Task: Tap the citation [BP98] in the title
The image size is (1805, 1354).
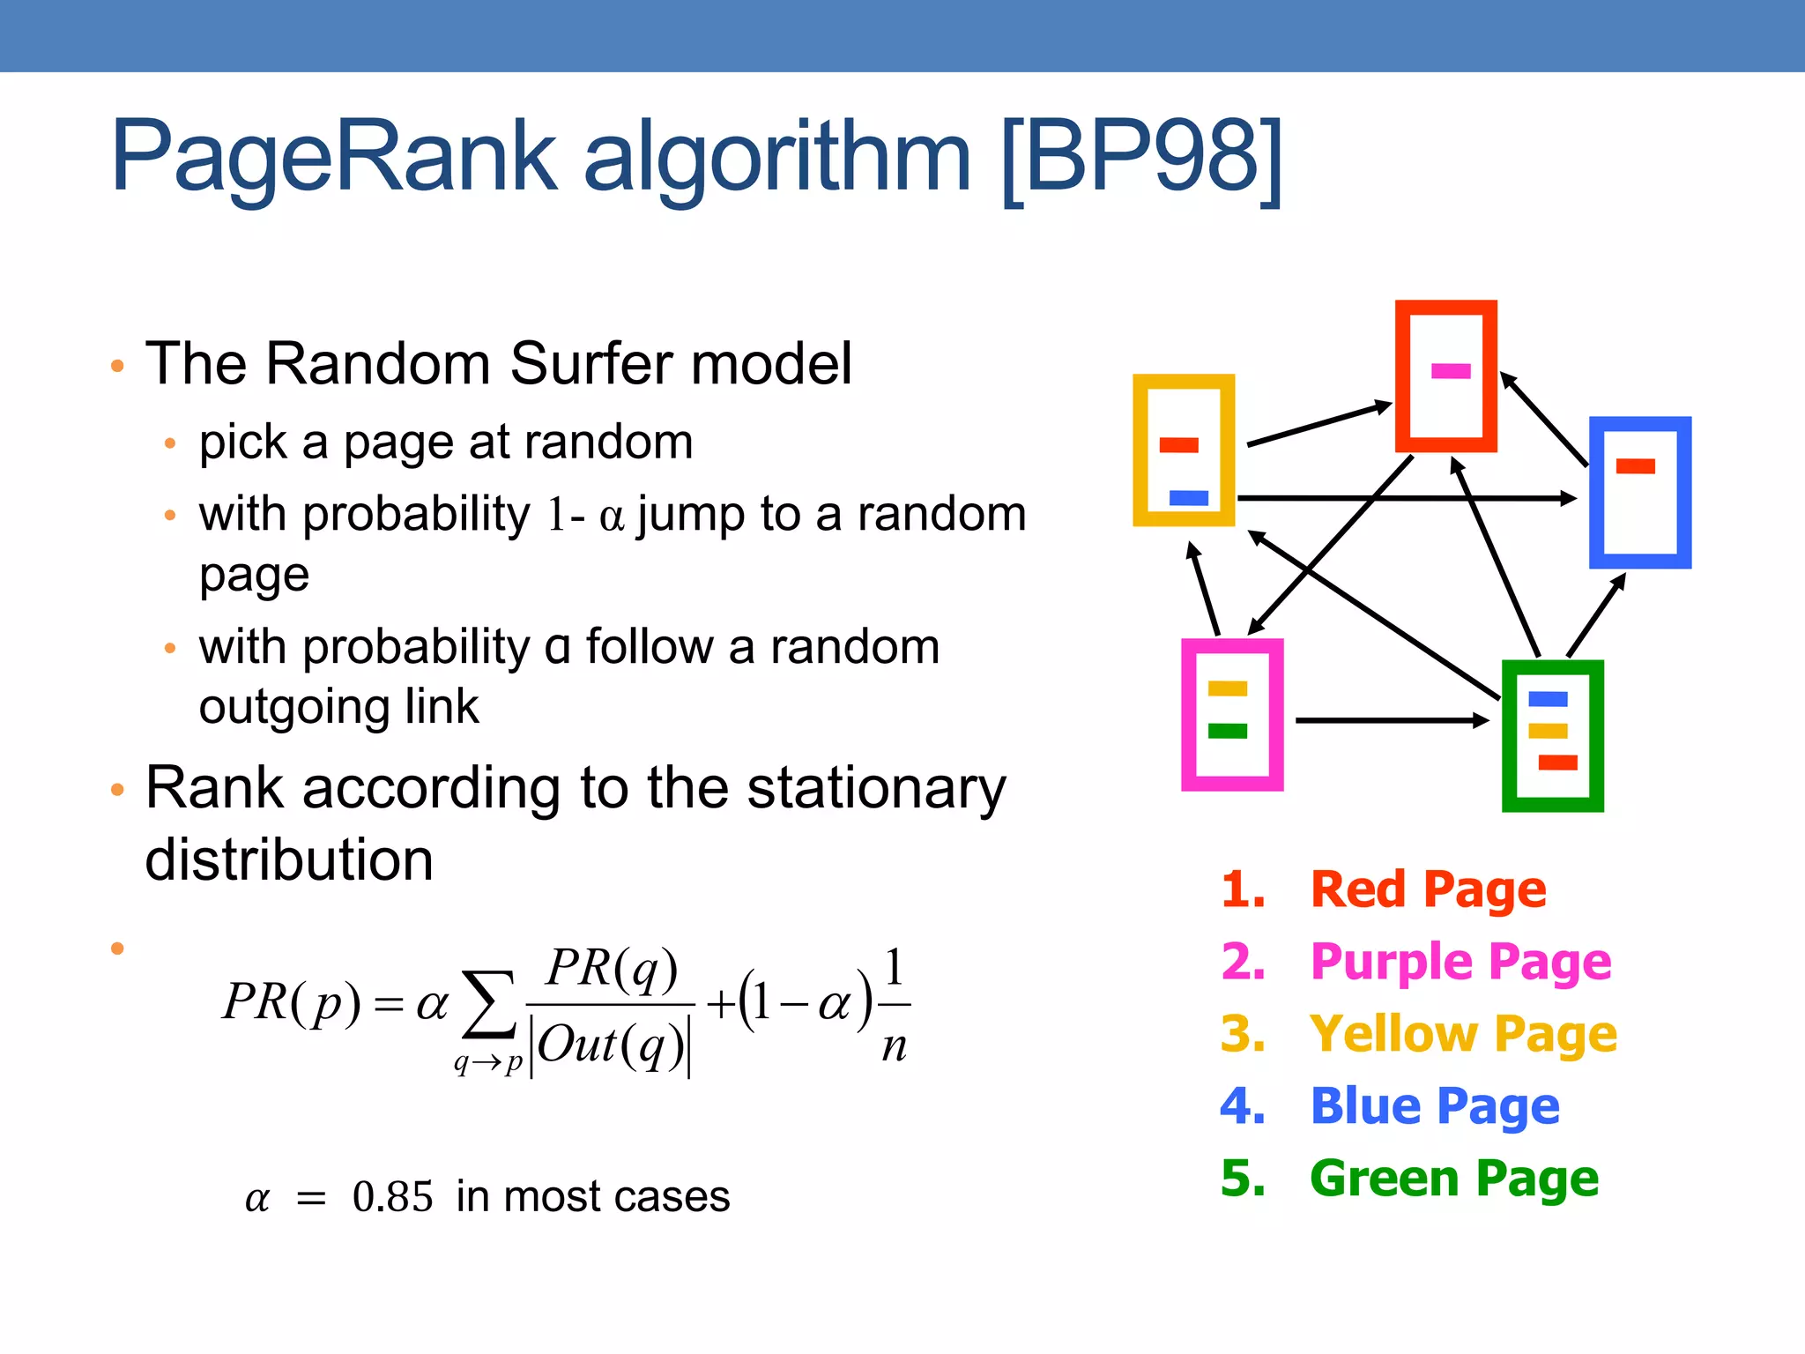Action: (1142, 159)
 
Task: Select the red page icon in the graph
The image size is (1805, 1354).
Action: (1445, 376)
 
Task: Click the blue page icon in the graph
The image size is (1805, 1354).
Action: (1639, 494)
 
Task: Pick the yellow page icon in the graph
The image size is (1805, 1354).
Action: (1184, 450)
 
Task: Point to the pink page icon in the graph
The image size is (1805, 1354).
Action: (1231, 715)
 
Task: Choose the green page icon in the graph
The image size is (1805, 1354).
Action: (1552, 736)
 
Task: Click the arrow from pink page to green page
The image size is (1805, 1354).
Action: (1393, 720)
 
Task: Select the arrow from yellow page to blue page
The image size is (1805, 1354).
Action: (1406, 498)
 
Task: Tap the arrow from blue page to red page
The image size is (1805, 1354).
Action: (1545, 420)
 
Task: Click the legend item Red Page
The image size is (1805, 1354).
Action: (1428, 889)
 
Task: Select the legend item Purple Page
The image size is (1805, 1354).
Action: (1460, 962)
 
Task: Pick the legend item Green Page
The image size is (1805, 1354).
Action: (1453, 1179)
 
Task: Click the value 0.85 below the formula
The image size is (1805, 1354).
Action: (392, 1197)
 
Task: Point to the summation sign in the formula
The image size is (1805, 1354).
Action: (489, 1005)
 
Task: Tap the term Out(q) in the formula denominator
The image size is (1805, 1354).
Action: (611, 1046)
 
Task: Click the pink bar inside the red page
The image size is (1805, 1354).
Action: (1451, 371)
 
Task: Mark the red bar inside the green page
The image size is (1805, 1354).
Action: (1557, 763)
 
